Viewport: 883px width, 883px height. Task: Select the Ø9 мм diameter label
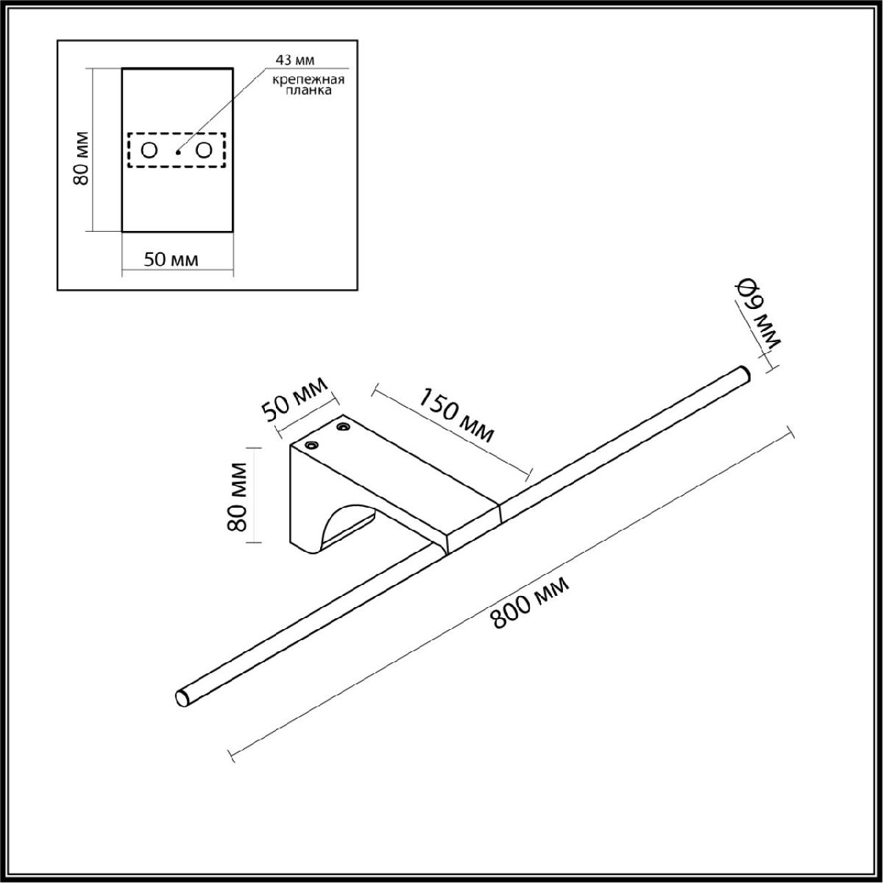(757, 313)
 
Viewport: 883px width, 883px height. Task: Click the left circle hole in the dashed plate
(149, 150)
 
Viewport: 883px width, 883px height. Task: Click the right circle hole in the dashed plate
(204, 150)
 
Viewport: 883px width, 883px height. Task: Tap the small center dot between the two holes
(177, 152)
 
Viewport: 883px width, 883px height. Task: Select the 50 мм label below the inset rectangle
(171, 259)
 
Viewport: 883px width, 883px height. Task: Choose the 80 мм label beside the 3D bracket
(236, 497)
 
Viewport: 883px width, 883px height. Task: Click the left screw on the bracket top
(311, 446)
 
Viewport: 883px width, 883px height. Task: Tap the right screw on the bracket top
(343, 426)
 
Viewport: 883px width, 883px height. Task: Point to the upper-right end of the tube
(743, 373)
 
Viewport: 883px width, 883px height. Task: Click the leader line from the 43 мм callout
(221, 110)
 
